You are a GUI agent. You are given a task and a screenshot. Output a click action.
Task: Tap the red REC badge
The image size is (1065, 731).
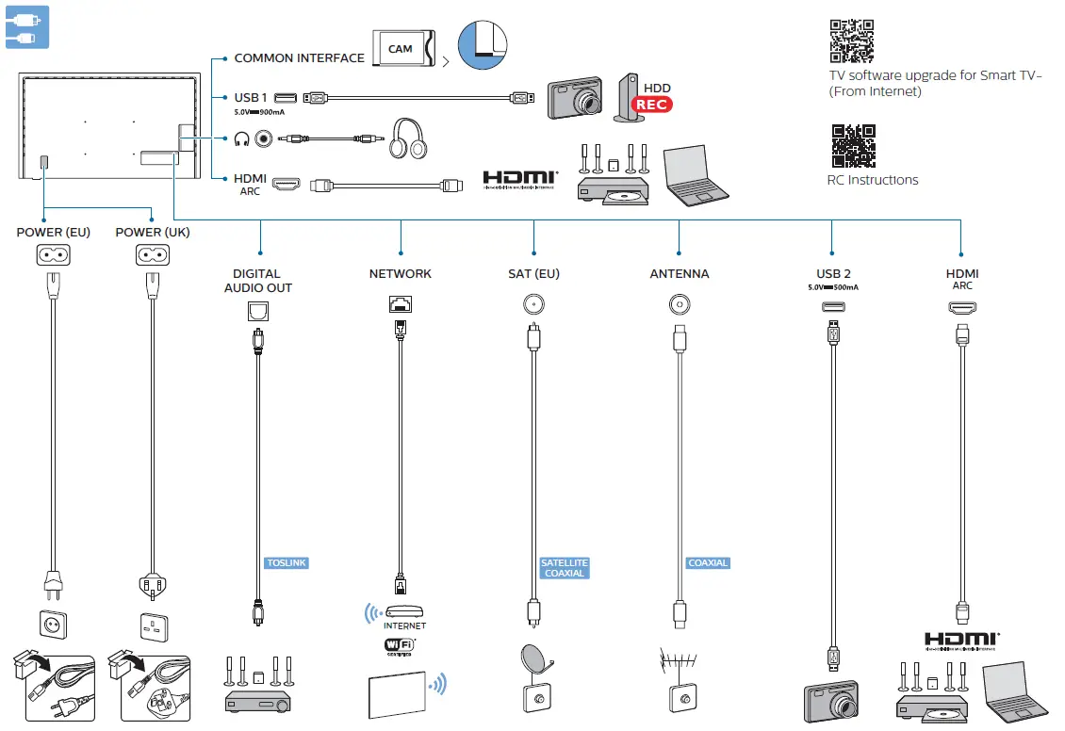pyautogui.click(x=652, y=105)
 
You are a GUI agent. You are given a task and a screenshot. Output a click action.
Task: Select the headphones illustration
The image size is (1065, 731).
pyautogui.click(x=411, y=138)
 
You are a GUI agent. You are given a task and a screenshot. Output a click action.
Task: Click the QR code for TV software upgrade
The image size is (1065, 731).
pyautogui.click(x=851, y=41)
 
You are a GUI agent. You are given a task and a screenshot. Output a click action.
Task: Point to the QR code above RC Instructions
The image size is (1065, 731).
pyautogui.click(x=853, y=146)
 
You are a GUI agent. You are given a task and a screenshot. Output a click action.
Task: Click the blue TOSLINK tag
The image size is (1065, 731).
pyautogui.click(x=287, y=563)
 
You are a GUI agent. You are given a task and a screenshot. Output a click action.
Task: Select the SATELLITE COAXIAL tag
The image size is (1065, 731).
pyautogui.click(x=564, y=568)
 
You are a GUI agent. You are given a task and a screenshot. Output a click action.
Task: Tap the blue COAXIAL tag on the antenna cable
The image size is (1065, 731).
pyautogui.click(x=708, y=563)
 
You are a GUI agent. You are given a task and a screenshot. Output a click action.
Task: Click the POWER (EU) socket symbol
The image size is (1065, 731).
pyautogui.click(x=53, y=254)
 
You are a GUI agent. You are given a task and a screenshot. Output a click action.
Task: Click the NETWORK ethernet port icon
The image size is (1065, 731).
pyautogui.click(x=400, y=304)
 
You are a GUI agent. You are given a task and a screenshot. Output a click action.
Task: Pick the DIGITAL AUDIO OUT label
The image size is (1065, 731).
pyautogui.click(x=258, y=281)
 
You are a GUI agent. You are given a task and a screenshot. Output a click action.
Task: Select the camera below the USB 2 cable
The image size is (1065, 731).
pyautogui.click(x=831, y=702)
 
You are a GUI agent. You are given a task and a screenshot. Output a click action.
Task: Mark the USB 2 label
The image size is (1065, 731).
pyautogui.click(x=833, y=274)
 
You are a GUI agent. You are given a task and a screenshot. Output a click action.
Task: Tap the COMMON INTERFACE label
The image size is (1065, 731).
pyautogui.click(x=299, y=58)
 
